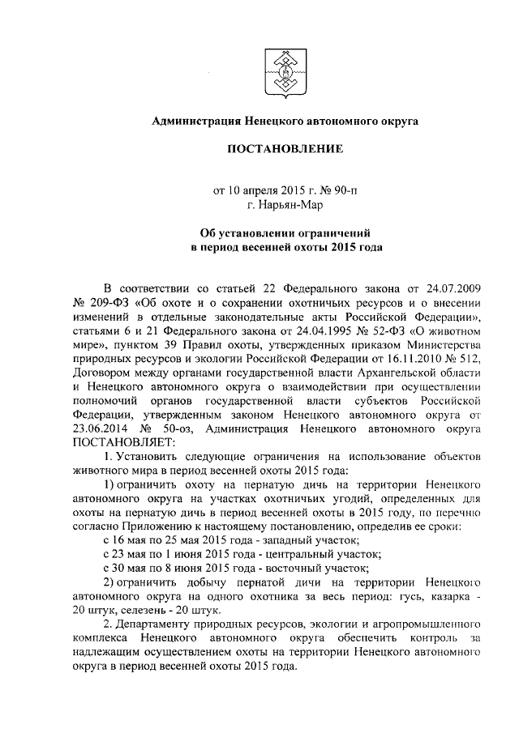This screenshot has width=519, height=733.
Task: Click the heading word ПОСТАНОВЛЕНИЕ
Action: pos(285,149)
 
